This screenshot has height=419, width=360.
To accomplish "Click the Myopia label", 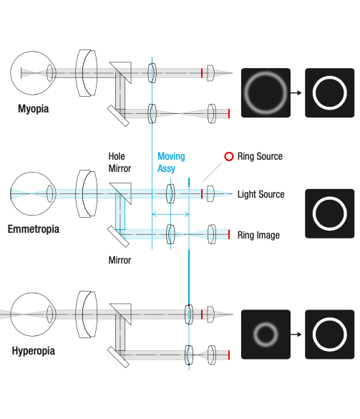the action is tap(34, 109).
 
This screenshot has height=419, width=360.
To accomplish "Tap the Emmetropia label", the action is tap(34, 229).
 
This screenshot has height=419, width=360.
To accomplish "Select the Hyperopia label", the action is tap(34, 351).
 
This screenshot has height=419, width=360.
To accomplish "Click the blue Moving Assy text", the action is tap(171, 163).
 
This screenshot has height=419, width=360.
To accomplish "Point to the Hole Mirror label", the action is tap(120, 163).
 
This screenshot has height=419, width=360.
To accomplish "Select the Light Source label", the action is tap(261, 194).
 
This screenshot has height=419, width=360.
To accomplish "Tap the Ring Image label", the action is tap(258, 235).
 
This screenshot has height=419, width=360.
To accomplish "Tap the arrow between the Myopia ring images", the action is tap(296, 92).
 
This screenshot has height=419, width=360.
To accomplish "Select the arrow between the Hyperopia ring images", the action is tap(296, 334).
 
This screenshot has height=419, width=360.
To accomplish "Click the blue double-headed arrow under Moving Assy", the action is tap(170, 214).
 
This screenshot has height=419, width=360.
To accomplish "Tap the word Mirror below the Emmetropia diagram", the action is tap(120, 260).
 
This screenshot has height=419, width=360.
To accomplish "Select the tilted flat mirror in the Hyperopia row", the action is tap(118, 357).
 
